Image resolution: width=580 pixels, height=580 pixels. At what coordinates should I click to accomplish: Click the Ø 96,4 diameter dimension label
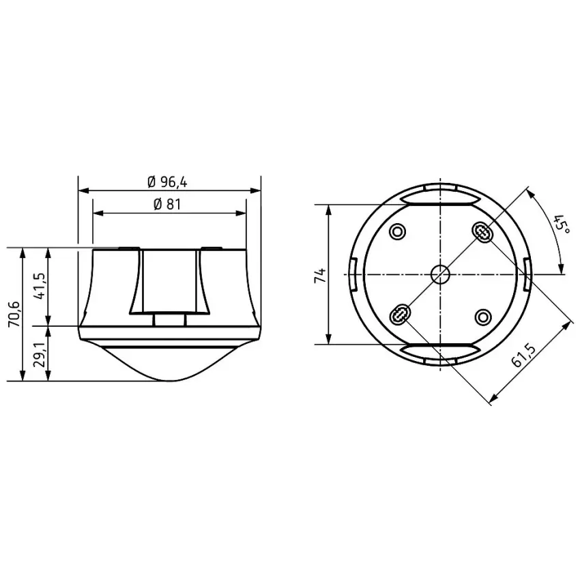tap(167, 182)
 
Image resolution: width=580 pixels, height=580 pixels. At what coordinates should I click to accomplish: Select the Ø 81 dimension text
tap(167, 205)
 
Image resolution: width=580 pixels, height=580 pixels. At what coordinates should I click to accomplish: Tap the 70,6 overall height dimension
tap(14, 314)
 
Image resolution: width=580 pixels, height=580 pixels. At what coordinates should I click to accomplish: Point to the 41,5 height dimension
tap(40, 286)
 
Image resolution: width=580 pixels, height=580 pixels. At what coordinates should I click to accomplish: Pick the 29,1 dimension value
tap(40, 354)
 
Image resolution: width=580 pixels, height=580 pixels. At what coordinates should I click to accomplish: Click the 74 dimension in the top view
tap(321, 276)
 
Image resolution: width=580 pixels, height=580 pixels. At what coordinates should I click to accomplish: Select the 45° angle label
tap(562, 224)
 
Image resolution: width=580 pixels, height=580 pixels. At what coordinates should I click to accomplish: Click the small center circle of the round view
tap(440, 274)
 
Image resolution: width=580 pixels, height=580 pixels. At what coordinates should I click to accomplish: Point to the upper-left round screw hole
tap(398, 232)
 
